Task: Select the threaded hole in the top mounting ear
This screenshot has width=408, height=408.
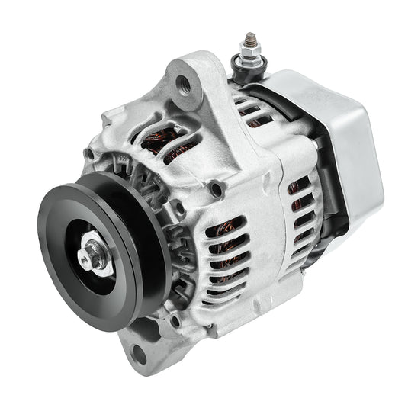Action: [x=184, y=79]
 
